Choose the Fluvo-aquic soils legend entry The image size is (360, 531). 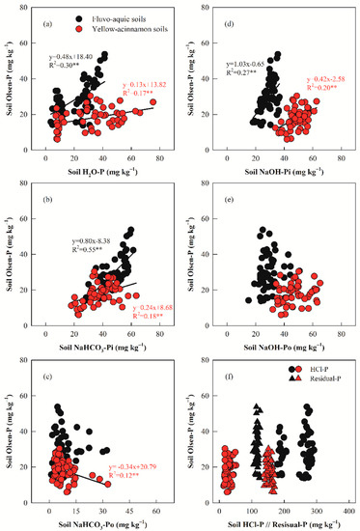[107, 19]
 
